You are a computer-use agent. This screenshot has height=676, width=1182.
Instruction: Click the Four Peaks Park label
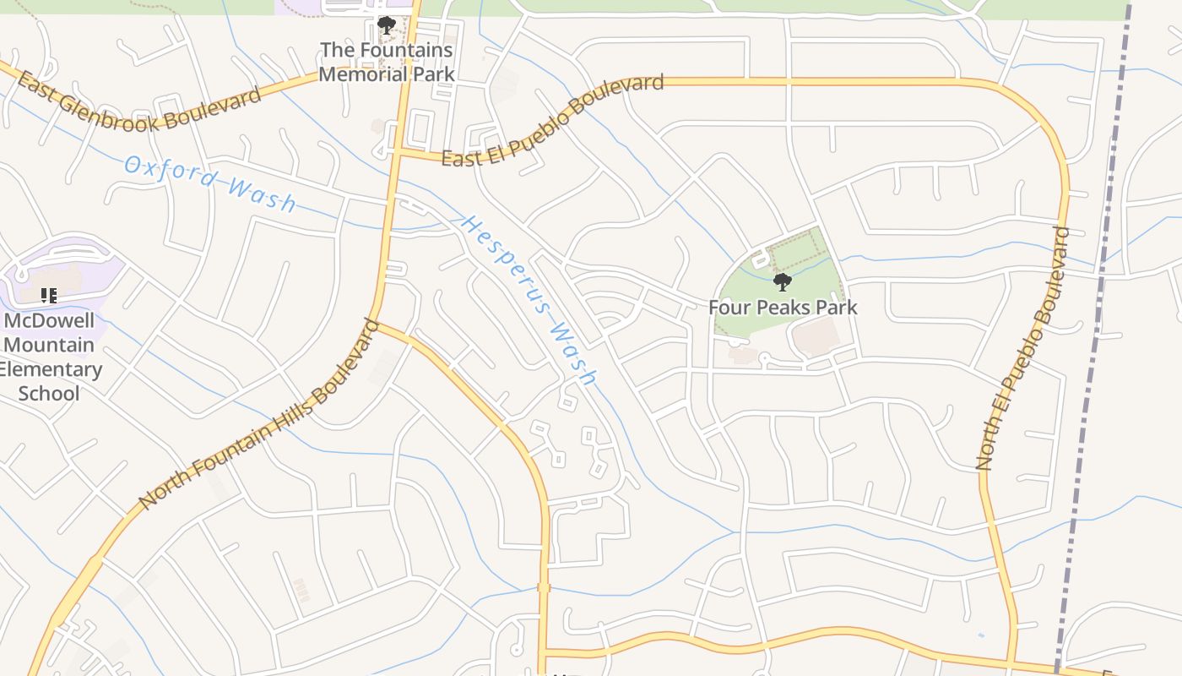tap(783, 308)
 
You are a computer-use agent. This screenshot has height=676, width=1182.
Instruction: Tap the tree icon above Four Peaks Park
tap(783, 282)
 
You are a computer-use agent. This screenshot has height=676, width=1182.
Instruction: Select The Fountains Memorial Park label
tap(387, 62)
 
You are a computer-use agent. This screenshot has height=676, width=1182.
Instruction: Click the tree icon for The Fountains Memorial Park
tap(387, 25)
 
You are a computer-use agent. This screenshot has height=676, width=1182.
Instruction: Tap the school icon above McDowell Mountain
tap(49, 296)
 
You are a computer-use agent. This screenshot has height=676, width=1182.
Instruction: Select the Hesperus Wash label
tap(529, 301)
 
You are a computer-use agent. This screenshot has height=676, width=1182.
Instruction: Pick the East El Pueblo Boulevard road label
tap(553, 121)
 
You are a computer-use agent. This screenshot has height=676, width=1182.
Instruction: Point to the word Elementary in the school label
tap(51, 369)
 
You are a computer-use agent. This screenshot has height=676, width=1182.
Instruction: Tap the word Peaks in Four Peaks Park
tap(783, 308)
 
